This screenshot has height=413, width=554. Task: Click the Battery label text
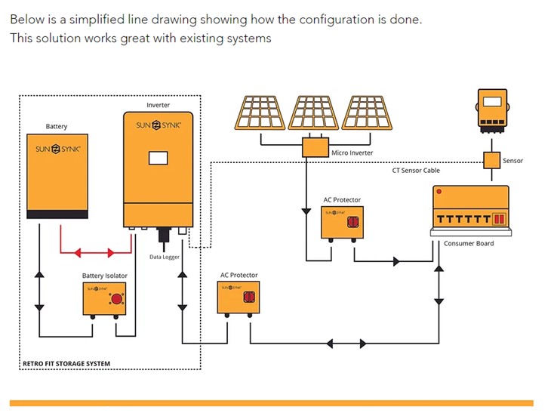[x=57, y=127]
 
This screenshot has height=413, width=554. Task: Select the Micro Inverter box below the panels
[x=315, y=147]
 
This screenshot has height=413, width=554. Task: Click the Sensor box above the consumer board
[x=492, y=160]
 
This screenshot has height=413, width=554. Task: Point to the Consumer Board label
[x=469, y=244]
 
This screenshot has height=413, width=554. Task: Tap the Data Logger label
[x=165, y=257]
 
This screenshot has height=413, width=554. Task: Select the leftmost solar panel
[x=260, y=111]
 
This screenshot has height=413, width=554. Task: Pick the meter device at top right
[x=493, y=107]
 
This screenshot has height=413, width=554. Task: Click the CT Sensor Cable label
[x=416, y=171]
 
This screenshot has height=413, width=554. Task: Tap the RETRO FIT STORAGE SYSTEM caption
[x=66, y=364]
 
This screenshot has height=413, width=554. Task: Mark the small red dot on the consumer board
[x=439, y=192]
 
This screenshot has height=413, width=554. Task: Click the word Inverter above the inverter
[x=158, y=105]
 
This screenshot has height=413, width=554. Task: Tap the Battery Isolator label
[x=105, y=276]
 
